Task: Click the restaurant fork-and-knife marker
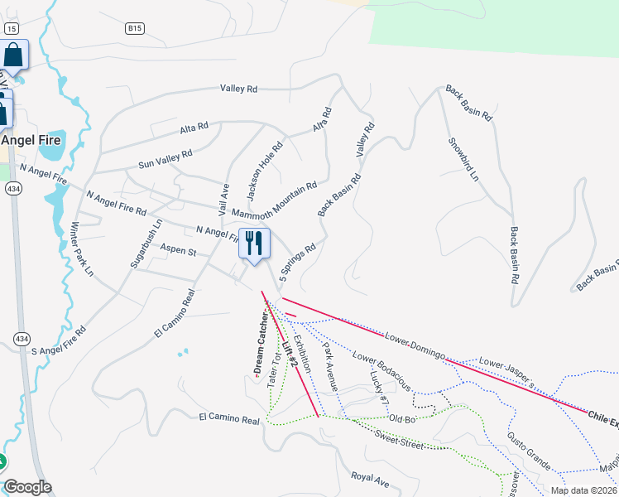click(x=254, y=244)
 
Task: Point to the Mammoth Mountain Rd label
click(x=275, y=200)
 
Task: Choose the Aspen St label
click(x=179, y=252)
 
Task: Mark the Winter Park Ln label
click(x=84, y=248)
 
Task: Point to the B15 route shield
click(x=135, y=28)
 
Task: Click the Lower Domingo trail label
click(x=415, y=346)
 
